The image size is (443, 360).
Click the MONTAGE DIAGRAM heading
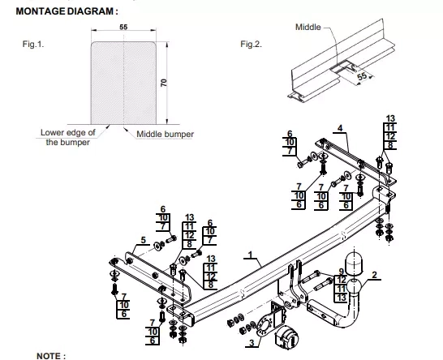coord(67,11)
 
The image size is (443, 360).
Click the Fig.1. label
coord(33,44)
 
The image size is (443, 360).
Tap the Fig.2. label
coord(252,44)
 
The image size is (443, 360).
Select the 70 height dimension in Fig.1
coord(164,83)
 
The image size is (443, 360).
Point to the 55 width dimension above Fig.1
coord(123,27)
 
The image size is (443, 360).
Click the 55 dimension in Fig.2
coord(362,76)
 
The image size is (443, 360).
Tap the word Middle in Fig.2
coord(308,27)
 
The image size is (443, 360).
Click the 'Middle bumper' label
coord(165,134)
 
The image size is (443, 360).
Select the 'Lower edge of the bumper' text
coord(68,137)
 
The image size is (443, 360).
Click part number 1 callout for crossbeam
coord(250,255)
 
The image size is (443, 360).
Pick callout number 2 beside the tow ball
coord(375,275)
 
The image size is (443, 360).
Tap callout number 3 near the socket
coord(252,343)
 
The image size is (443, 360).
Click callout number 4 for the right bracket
coord(340,128)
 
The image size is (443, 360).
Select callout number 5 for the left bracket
coord(144,240)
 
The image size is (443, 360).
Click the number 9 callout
coord(342,272)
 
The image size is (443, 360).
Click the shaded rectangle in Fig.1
coord(123,83)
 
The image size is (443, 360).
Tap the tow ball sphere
coord(354,286)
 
